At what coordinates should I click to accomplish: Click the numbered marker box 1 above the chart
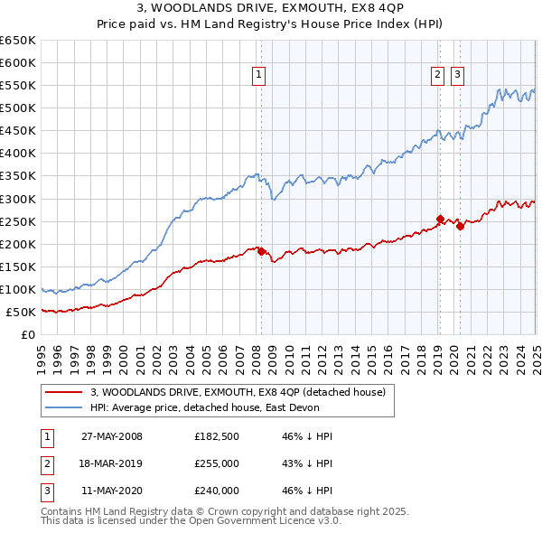point(258,76)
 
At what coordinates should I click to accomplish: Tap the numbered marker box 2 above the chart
point(437,76)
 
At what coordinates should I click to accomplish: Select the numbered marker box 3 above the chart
point(457,76)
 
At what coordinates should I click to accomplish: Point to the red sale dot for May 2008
point(262,251)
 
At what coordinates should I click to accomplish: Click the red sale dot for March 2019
point(440,219)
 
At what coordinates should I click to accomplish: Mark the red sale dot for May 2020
point(460,226)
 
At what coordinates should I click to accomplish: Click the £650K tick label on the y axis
point(18,41)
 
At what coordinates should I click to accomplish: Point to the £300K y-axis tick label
point(18,199)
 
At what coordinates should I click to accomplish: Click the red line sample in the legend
point(65,392)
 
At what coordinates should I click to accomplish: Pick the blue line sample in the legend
point(65,407)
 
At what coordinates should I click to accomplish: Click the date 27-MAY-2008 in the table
point(112,436)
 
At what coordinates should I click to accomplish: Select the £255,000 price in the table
point(217,463)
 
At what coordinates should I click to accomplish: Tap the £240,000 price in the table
point(217,491)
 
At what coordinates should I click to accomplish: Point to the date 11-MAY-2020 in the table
point(112,491)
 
